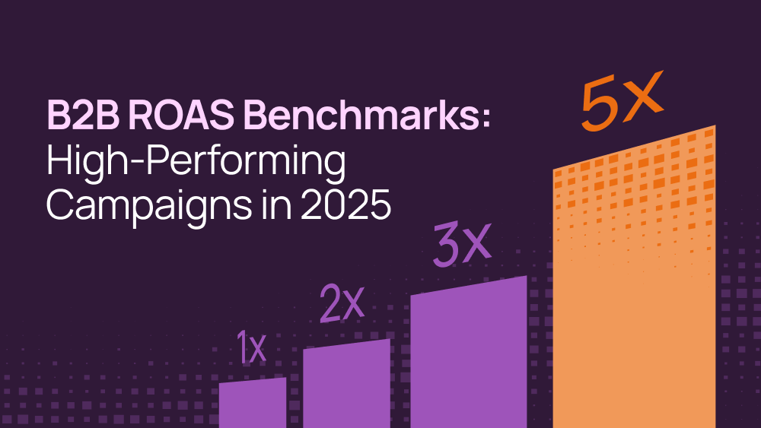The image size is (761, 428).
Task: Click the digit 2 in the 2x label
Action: tap(330, 304)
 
